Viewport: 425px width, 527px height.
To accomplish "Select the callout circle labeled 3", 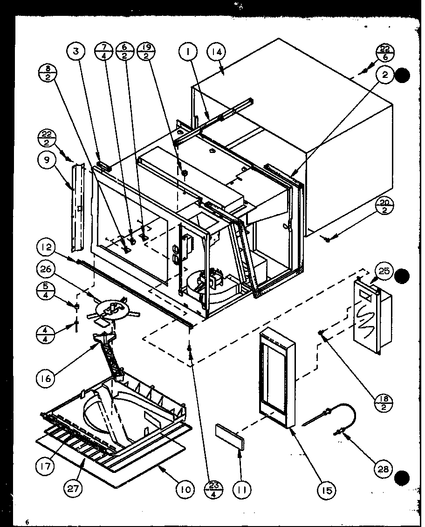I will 76,52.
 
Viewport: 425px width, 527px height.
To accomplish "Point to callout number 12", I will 47,248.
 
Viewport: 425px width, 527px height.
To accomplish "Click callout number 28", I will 386,468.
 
